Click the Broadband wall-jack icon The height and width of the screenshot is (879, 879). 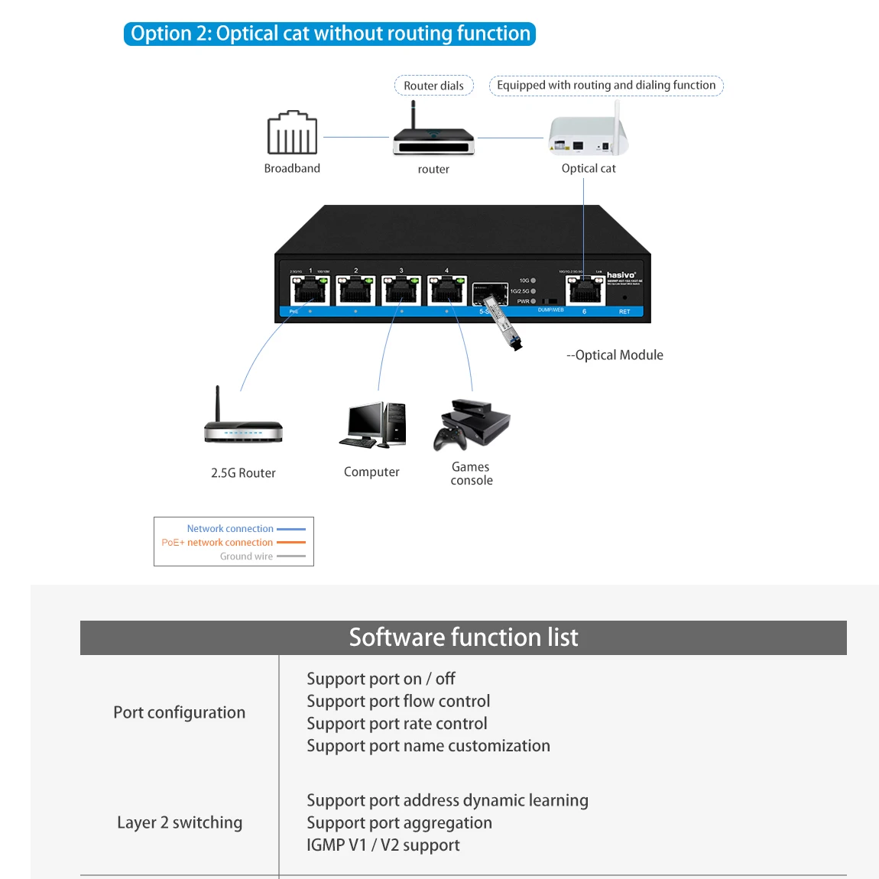point(292,133)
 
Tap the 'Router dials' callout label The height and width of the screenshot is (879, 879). point(433,86)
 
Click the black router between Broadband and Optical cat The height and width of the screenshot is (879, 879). point(433,137)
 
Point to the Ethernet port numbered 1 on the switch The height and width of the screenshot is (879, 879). point(310,291)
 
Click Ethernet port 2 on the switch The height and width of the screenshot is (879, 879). point(355,291)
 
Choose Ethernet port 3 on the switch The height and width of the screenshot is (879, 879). point(401,291)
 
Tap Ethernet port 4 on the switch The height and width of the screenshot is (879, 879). point(447,291)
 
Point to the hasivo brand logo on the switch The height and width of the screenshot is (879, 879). point(621,275)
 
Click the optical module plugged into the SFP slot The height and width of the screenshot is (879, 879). point(501,325)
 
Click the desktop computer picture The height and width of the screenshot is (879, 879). point(373,425)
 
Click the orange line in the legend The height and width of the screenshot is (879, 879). point(290,543)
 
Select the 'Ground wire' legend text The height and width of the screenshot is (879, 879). point(246,556)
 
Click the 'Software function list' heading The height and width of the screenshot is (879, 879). point(463,637)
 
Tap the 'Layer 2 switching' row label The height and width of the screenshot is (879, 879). point(180,822)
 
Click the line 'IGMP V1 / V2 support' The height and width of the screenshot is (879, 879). point(383,845)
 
